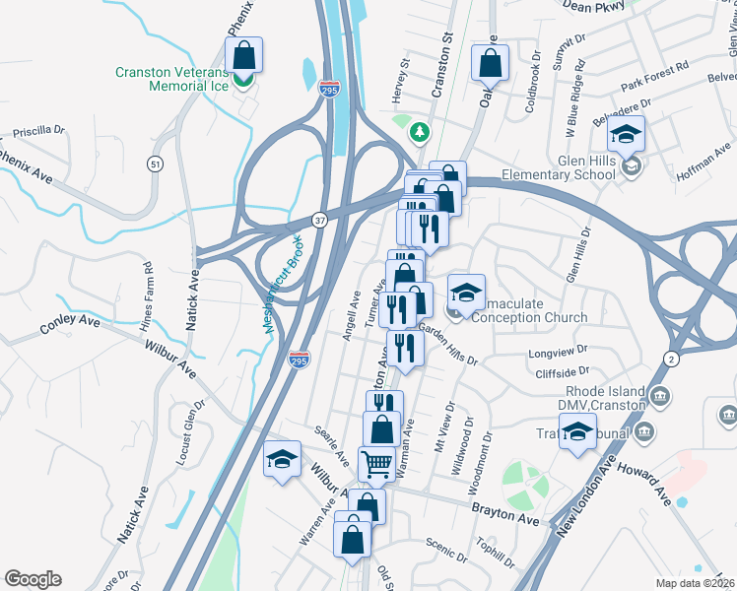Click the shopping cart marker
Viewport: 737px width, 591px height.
[x=375, y=463]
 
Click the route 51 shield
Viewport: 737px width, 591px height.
[x=154, y=164]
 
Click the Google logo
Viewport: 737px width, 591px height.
[x=33, y=579]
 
